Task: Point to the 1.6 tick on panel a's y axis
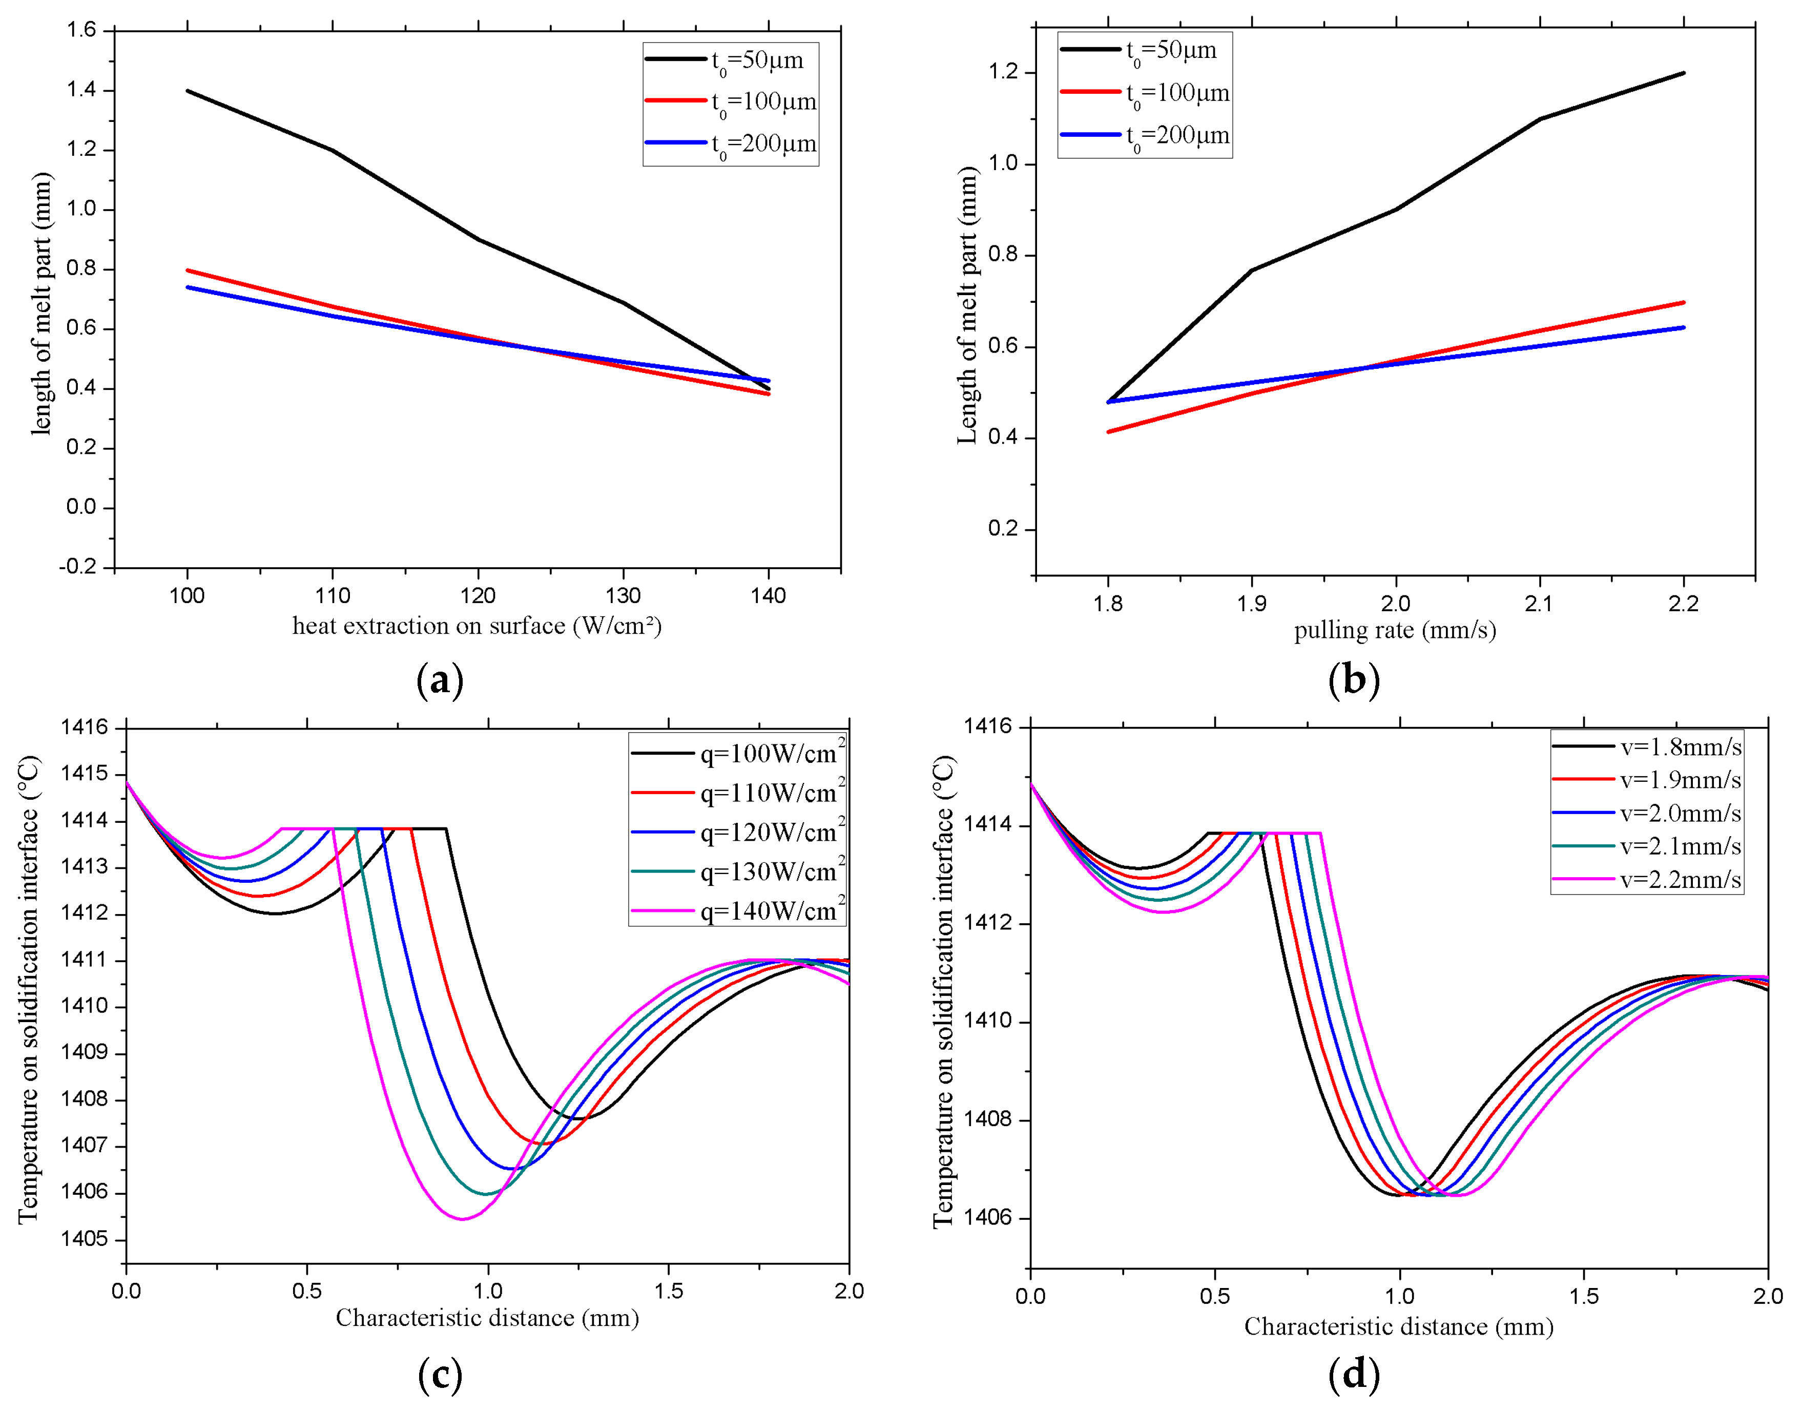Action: coord(82,31)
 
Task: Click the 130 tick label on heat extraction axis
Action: coord(623,596)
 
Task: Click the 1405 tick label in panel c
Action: coord(84,1238)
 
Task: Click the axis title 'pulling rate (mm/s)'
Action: coord(1395,631)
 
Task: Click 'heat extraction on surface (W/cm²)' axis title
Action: coord(477,626)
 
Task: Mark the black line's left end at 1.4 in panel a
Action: coord(189,91)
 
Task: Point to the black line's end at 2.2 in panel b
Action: coord(1684,74)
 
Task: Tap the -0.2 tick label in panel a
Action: coord(78,567)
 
